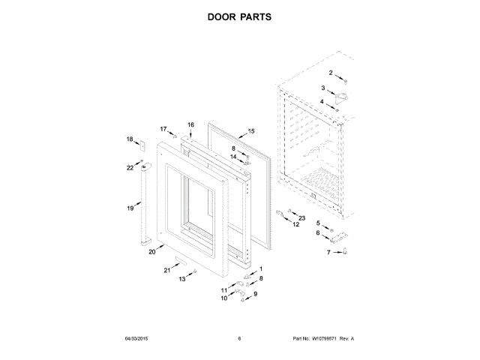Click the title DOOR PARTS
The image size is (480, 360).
[240, 16]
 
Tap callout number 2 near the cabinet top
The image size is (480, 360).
[331, 72]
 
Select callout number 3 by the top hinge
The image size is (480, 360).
[323, 88]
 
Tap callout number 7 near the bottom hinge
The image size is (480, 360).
[328, 253]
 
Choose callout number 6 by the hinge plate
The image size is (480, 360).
[317, 233]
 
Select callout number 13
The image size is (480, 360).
[181, 279]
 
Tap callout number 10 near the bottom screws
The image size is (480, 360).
[223, 298]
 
